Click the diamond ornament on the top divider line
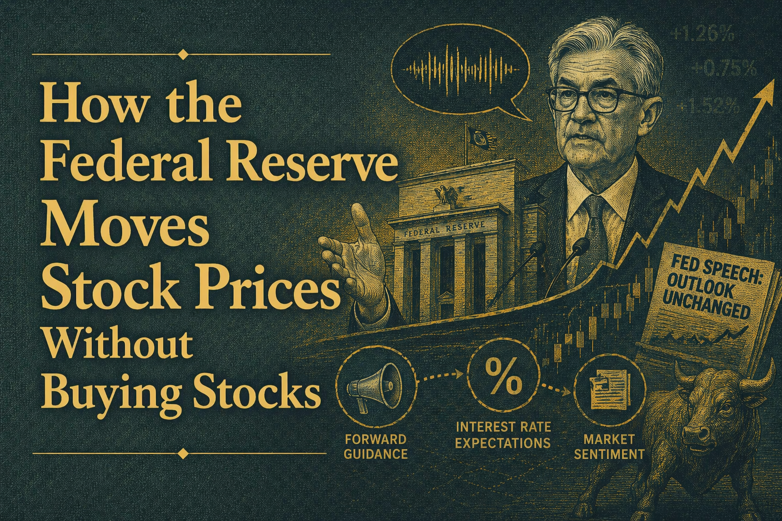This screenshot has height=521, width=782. click(x=183, y=53)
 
